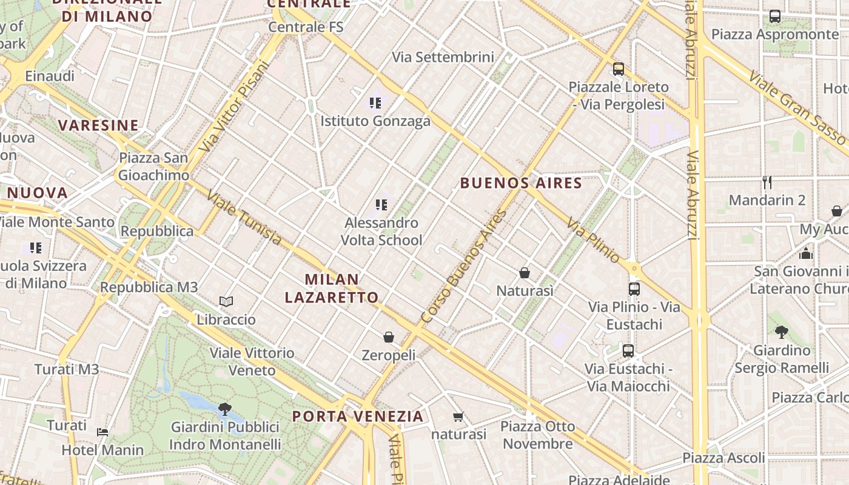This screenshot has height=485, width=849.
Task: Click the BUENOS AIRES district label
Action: click(521, 183)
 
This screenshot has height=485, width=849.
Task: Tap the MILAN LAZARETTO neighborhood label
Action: click(332, 289)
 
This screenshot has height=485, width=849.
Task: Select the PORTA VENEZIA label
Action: click(358, 416)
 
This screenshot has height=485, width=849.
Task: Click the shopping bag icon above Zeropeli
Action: click(389, 336)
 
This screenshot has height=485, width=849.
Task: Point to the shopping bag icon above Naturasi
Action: click(525, 273)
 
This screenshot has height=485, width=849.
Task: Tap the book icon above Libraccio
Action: click(226, 301)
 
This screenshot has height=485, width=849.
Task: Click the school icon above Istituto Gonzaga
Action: click(375, 103)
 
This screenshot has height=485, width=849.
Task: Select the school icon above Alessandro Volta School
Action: click(381, 205)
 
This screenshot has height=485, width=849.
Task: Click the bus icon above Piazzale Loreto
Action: click(619, 69)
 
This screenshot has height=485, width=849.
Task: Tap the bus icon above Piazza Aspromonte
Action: click(775, 16)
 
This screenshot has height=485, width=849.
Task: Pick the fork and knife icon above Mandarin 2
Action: click(767, 182)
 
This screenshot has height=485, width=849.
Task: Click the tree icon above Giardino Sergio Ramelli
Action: click(781, 332)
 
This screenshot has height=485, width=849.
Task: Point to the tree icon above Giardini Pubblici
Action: click(225, 409)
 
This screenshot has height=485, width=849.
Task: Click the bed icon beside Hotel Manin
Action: click(102, 432)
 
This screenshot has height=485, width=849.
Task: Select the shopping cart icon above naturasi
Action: click(458, 416)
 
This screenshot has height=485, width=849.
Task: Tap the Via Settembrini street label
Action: click(443, 57)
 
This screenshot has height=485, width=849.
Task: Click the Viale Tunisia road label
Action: click(244, 218)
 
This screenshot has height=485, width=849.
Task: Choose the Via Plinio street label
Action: click(594, 241)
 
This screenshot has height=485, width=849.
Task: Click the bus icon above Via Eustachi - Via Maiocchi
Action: click(628, 350)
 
